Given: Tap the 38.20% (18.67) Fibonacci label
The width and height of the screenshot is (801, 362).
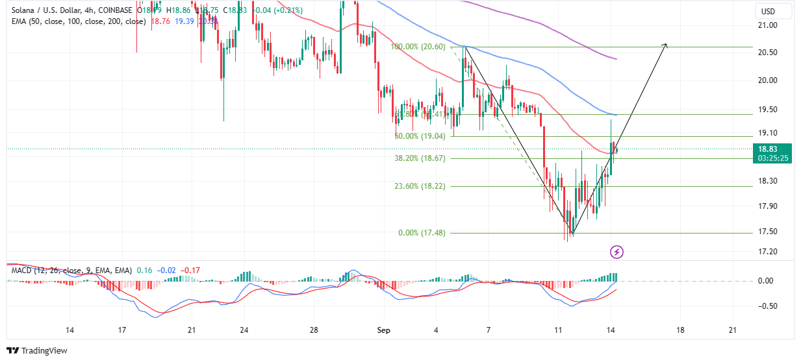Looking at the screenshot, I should pyautogui.click(x=420, y=158).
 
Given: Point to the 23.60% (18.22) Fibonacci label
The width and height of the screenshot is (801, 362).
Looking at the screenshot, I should pyautogui.click(x=420, y=186).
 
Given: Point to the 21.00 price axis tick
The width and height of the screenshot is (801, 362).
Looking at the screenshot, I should pyautogui.click(x=768, y=25).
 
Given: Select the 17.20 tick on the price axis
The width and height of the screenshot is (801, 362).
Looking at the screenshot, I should pyautogui.click(x=768, y=252).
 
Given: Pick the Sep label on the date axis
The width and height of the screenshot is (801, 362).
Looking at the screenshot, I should pyautogui.click(x=384, y=330).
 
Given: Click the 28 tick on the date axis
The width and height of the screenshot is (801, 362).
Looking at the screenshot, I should pyautogui.click(x=314, y=330).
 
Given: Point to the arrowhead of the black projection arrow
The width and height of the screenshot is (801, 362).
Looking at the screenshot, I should pyautogui.click(x=665, y=45).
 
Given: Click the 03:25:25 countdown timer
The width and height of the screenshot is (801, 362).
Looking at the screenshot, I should pyautogui.click(x=772, y=158).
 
